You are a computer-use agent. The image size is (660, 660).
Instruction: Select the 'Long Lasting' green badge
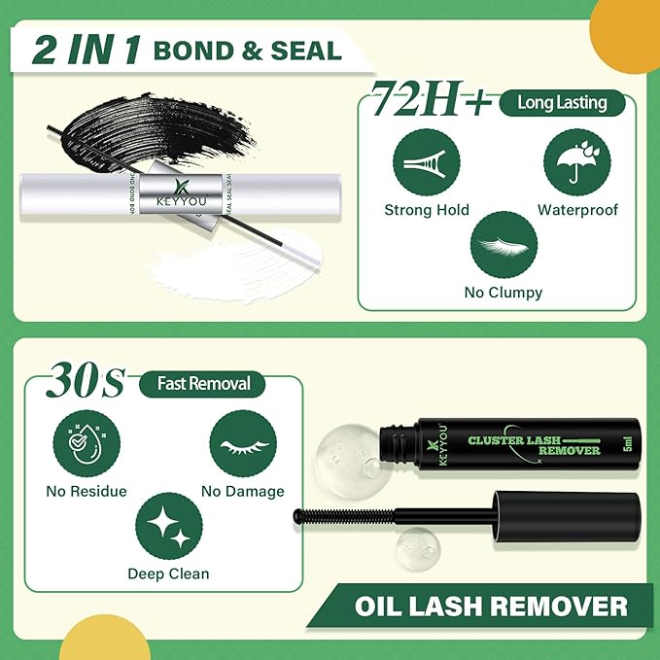(x=562, y=102)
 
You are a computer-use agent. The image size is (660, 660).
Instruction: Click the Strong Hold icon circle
(x=426, y=161)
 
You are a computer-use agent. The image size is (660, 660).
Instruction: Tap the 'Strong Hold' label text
(x=427, y=210)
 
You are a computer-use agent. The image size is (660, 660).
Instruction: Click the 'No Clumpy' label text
(x=504, y=292)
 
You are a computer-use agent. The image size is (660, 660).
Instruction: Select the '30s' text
(x=87, y=381)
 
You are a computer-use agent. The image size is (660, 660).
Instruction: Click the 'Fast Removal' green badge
(x=204, y=384)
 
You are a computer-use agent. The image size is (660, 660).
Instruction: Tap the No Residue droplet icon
(x=87, y=442)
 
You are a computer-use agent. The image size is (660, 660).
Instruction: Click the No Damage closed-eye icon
(x=242, y=442)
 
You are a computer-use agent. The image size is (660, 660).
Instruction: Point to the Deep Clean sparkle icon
(x=168, y=525)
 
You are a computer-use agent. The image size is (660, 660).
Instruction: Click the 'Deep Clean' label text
(x=168, y=573)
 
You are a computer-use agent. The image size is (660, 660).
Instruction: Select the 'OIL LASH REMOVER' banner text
(x=490, y=607)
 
